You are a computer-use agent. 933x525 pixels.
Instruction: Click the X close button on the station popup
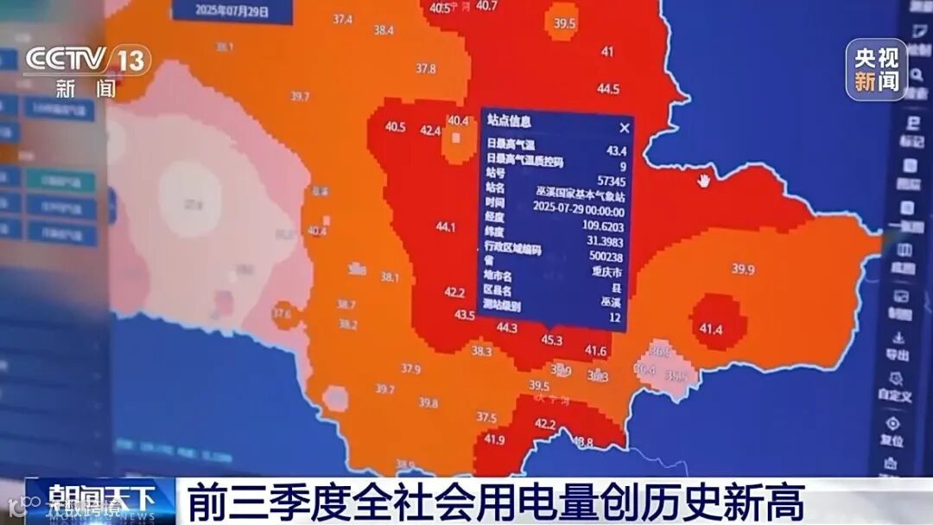click(x=624, y=127)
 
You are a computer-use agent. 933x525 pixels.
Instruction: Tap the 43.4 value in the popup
click(x=616, y=150)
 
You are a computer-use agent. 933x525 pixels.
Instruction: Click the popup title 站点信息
click(x=509, y=121)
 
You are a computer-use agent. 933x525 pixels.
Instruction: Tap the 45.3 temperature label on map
click(x=551, y=340)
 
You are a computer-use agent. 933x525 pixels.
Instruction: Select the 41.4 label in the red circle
click(x=711, y=330)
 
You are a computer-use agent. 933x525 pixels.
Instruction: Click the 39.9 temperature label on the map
click(x=743, y=269)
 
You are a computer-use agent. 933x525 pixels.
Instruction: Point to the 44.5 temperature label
click(x=608, y=88)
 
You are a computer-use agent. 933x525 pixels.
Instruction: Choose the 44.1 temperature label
click(x=446, y=227)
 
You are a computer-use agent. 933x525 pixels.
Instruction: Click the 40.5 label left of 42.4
click(x=396, y=127)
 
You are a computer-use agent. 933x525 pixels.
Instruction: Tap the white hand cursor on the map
click(x=704, y=180)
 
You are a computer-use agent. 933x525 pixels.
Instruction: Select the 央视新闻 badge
click(x=876, y=70)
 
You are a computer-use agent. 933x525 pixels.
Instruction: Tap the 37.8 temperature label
click(x=425, y=68)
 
